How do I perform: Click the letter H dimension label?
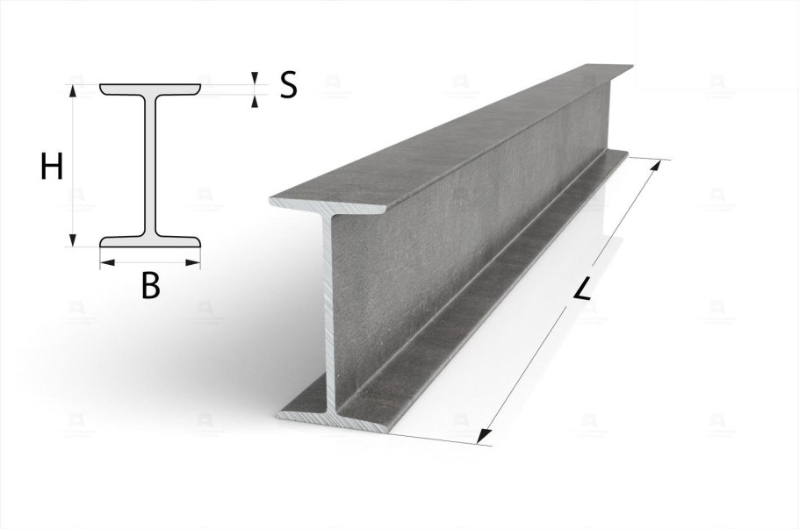coord(52,168)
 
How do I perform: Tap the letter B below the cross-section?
coord(150,285)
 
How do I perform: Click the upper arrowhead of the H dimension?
coord(73,90)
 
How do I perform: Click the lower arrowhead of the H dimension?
coord(73,239)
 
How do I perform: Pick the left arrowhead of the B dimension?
coord(106,262)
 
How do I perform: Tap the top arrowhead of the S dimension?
coord(254,78)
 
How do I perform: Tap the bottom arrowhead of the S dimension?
coord(254,101)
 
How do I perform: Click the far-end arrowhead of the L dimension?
coord(658,166)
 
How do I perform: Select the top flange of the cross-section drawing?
coord(150,89)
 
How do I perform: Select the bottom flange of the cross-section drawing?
coord(150,241)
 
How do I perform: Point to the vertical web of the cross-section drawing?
coord(150,166)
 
